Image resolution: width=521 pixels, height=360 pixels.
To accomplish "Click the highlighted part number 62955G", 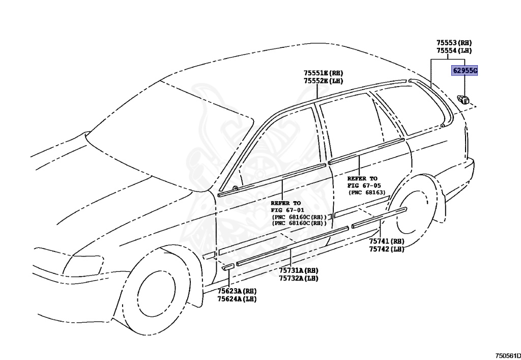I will (465, 71).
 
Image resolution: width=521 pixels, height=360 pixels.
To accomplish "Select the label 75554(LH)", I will (454, 50).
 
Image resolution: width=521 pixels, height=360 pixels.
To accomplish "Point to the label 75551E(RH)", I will (324, 73).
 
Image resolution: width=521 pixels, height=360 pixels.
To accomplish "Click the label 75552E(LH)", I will (324, 81).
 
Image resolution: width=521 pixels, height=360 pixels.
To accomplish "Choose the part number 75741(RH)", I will (387, 241).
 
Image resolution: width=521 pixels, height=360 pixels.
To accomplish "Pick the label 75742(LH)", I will (387, 249).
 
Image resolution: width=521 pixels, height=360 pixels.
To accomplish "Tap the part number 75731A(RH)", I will (298, 270).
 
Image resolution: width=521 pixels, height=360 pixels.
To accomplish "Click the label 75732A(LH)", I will (298, 278).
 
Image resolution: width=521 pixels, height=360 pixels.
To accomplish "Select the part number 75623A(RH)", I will (237, 291).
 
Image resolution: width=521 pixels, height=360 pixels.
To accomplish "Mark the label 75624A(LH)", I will (237, 299).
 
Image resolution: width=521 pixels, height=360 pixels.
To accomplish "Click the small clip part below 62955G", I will (464, 98).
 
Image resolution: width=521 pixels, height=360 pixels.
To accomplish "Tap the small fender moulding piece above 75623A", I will (227, 266).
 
